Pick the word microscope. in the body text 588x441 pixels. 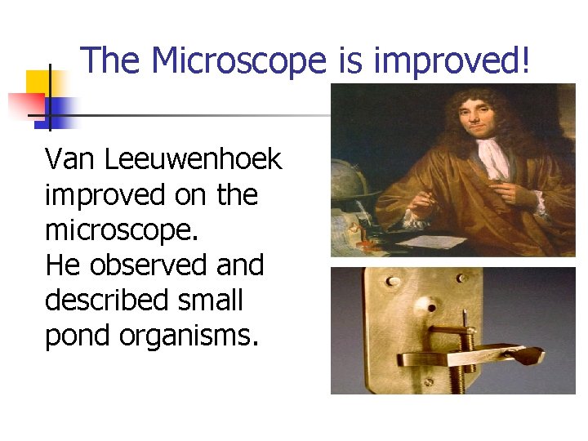(x=122, y=230)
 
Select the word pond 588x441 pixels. (x=76, y=336)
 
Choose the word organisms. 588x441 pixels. (x=189, y=336)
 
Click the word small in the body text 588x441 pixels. (x=216, y=301)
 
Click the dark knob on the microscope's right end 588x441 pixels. (x=532, y=354)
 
